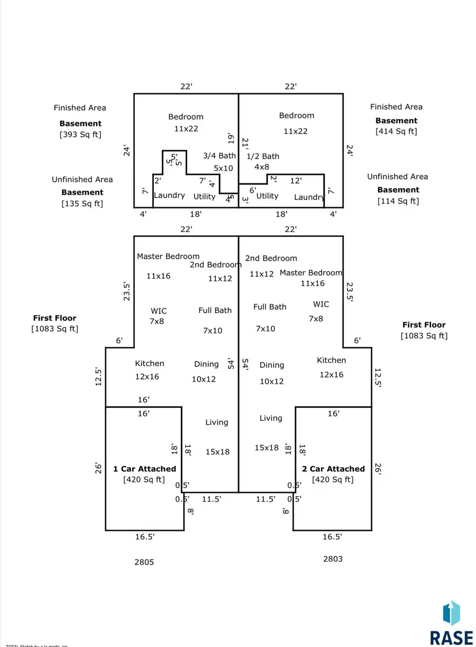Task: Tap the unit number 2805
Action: [144, 562]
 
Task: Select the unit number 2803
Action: [333, 559]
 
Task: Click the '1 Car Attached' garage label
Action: [144, 469]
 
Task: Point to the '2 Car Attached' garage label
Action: [333, 469]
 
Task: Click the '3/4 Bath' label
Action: [219, 156]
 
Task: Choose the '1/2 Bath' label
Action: [263, 156]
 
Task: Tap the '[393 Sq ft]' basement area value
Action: [80, 134]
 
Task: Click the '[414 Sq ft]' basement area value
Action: [396, 131]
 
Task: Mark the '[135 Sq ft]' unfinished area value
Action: [83, 204]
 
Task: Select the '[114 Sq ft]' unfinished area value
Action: [398, 201]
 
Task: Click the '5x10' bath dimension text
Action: [223, 168]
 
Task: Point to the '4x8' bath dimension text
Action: [262, 167]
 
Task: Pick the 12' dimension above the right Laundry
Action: [296, 181]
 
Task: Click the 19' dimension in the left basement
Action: [231, 138]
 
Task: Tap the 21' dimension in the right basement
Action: [245, 144]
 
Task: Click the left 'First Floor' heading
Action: [54, 318]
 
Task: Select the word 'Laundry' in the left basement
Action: [169, 196]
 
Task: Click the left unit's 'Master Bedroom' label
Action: [168, 256]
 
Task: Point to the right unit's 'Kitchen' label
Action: [332, 361]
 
